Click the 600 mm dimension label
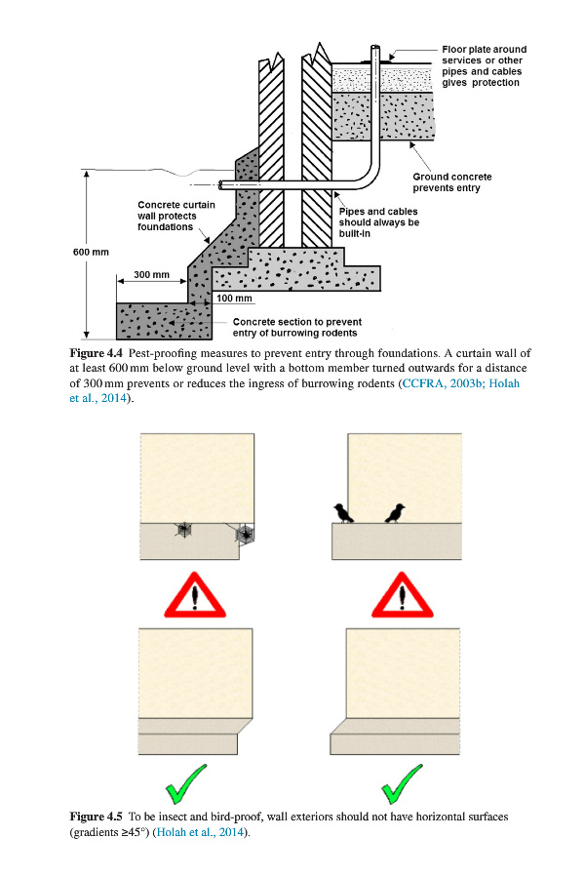coord(91,252)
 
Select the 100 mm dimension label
coord(234,298)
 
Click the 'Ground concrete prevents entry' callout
coord(451,182)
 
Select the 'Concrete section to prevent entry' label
coord(296,327)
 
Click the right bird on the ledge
coord(395,512)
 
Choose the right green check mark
coord(400,779)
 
